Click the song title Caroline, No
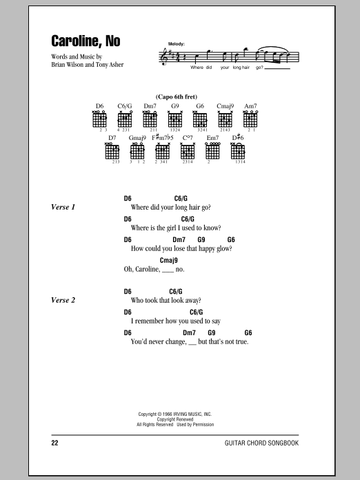[86, 41]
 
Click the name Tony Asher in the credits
[110, 65]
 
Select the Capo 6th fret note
[177, 97]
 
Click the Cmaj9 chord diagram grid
[225, 120]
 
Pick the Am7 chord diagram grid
[250, 120]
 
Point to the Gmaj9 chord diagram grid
[137, 152]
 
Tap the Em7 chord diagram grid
[212, 152]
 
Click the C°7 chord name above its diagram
[188, 138]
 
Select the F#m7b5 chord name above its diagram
[163, 138]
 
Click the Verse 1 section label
[63, 208]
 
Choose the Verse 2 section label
[63, 300]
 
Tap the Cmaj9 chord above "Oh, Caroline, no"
[169, 261]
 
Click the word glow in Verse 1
[224, 249]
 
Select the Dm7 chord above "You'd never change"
[189, 332]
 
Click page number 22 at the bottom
[54, 443]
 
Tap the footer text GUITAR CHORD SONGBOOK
[261, 443]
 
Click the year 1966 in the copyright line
[167, 414]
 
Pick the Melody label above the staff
[177, 44]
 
